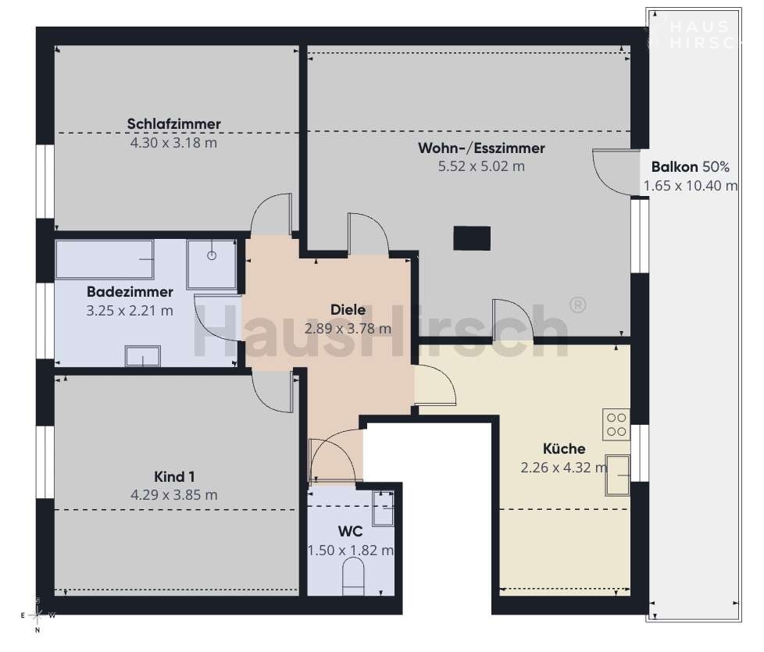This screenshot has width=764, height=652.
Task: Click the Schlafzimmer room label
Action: tap(174, 123)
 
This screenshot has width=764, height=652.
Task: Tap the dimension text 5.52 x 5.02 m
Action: tap(481, 166)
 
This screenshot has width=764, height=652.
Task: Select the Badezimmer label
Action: tap(130, 292)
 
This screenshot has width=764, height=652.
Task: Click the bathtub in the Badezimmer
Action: tap(105, 259)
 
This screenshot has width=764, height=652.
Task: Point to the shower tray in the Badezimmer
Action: tap(212, 265)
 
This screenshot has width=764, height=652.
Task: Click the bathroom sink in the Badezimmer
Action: tap(143, 356)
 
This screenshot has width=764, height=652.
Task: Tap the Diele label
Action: tap(348, 310)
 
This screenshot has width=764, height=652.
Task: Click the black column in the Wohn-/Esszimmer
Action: tap(472, 239)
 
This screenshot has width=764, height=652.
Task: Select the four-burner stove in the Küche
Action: tap(616, 425)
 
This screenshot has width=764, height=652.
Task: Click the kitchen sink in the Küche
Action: tap(618, 476)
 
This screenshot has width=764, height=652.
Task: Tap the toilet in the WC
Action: tap(354, 576)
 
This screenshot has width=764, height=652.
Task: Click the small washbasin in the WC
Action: tap(383, 508)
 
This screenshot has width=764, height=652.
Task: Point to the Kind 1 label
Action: tap(174, 477)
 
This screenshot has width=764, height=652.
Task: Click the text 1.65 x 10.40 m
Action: tap(691, 186)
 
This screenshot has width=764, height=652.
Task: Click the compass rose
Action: tap(38, 615)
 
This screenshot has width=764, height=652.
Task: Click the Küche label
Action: tap(564, 448)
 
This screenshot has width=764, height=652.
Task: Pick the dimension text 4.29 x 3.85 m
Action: tap(174, 495)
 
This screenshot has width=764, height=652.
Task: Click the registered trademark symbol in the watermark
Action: tap(578, 305)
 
